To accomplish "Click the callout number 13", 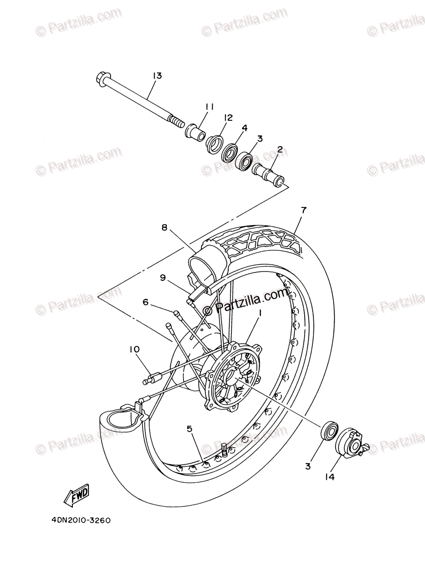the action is click(157, 76).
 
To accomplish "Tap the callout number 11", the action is click(210, 106).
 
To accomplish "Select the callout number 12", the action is click(228, 117).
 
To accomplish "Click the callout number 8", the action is click(164, 227).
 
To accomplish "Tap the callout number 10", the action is click(134, 349).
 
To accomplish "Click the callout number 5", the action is click(189, 429).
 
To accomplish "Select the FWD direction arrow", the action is click(76, 497).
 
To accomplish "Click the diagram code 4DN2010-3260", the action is click(80, 520).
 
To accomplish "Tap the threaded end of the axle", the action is click(176, 120).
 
